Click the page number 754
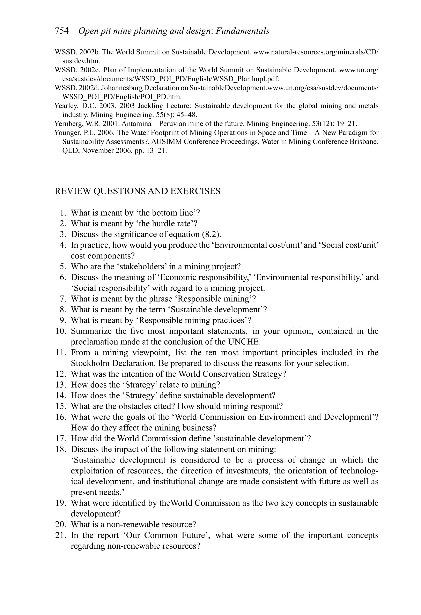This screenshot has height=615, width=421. (62, 31)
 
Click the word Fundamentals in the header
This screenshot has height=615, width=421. (243, 31)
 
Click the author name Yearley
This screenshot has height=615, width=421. (64, 106)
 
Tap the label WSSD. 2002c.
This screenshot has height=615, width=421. (77, 70)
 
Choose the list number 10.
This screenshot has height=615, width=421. (61, 331)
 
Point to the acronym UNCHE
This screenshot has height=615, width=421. (244, 342)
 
